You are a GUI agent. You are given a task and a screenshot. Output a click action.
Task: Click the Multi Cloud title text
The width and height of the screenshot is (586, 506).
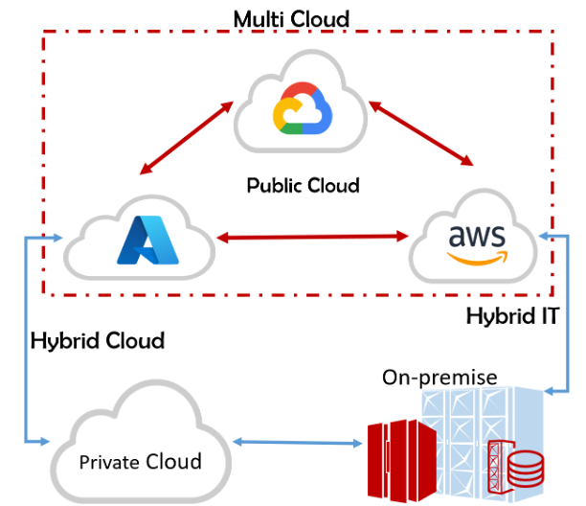(x=291, y=17)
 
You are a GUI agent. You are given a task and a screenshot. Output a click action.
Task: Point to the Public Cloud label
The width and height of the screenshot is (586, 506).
(x=303, y=185)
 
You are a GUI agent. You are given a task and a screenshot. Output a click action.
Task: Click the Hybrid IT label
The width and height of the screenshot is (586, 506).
(x=511, y=314)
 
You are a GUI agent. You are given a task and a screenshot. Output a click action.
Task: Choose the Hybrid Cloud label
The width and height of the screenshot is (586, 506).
(x=98, y=340)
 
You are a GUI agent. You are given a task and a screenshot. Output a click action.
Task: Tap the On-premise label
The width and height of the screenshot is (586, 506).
(x=439, y=377)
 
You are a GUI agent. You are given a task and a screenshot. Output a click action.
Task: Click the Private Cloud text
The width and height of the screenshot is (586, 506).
(x=141, y=462)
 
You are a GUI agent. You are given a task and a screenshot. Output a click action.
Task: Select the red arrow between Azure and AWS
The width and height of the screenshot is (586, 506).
(x=310, y=236)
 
